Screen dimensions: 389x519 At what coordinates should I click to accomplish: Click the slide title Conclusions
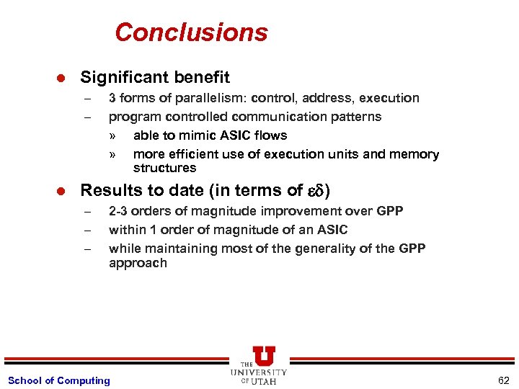191,32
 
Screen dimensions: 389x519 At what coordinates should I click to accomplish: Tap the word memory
414,154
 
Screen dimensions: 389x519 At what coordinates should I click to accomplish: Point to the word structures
164,168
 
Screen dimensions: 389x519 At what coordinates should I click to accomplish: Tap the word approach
138,263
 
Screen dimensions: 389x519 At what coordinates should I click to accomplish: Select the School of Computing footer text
58,380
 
